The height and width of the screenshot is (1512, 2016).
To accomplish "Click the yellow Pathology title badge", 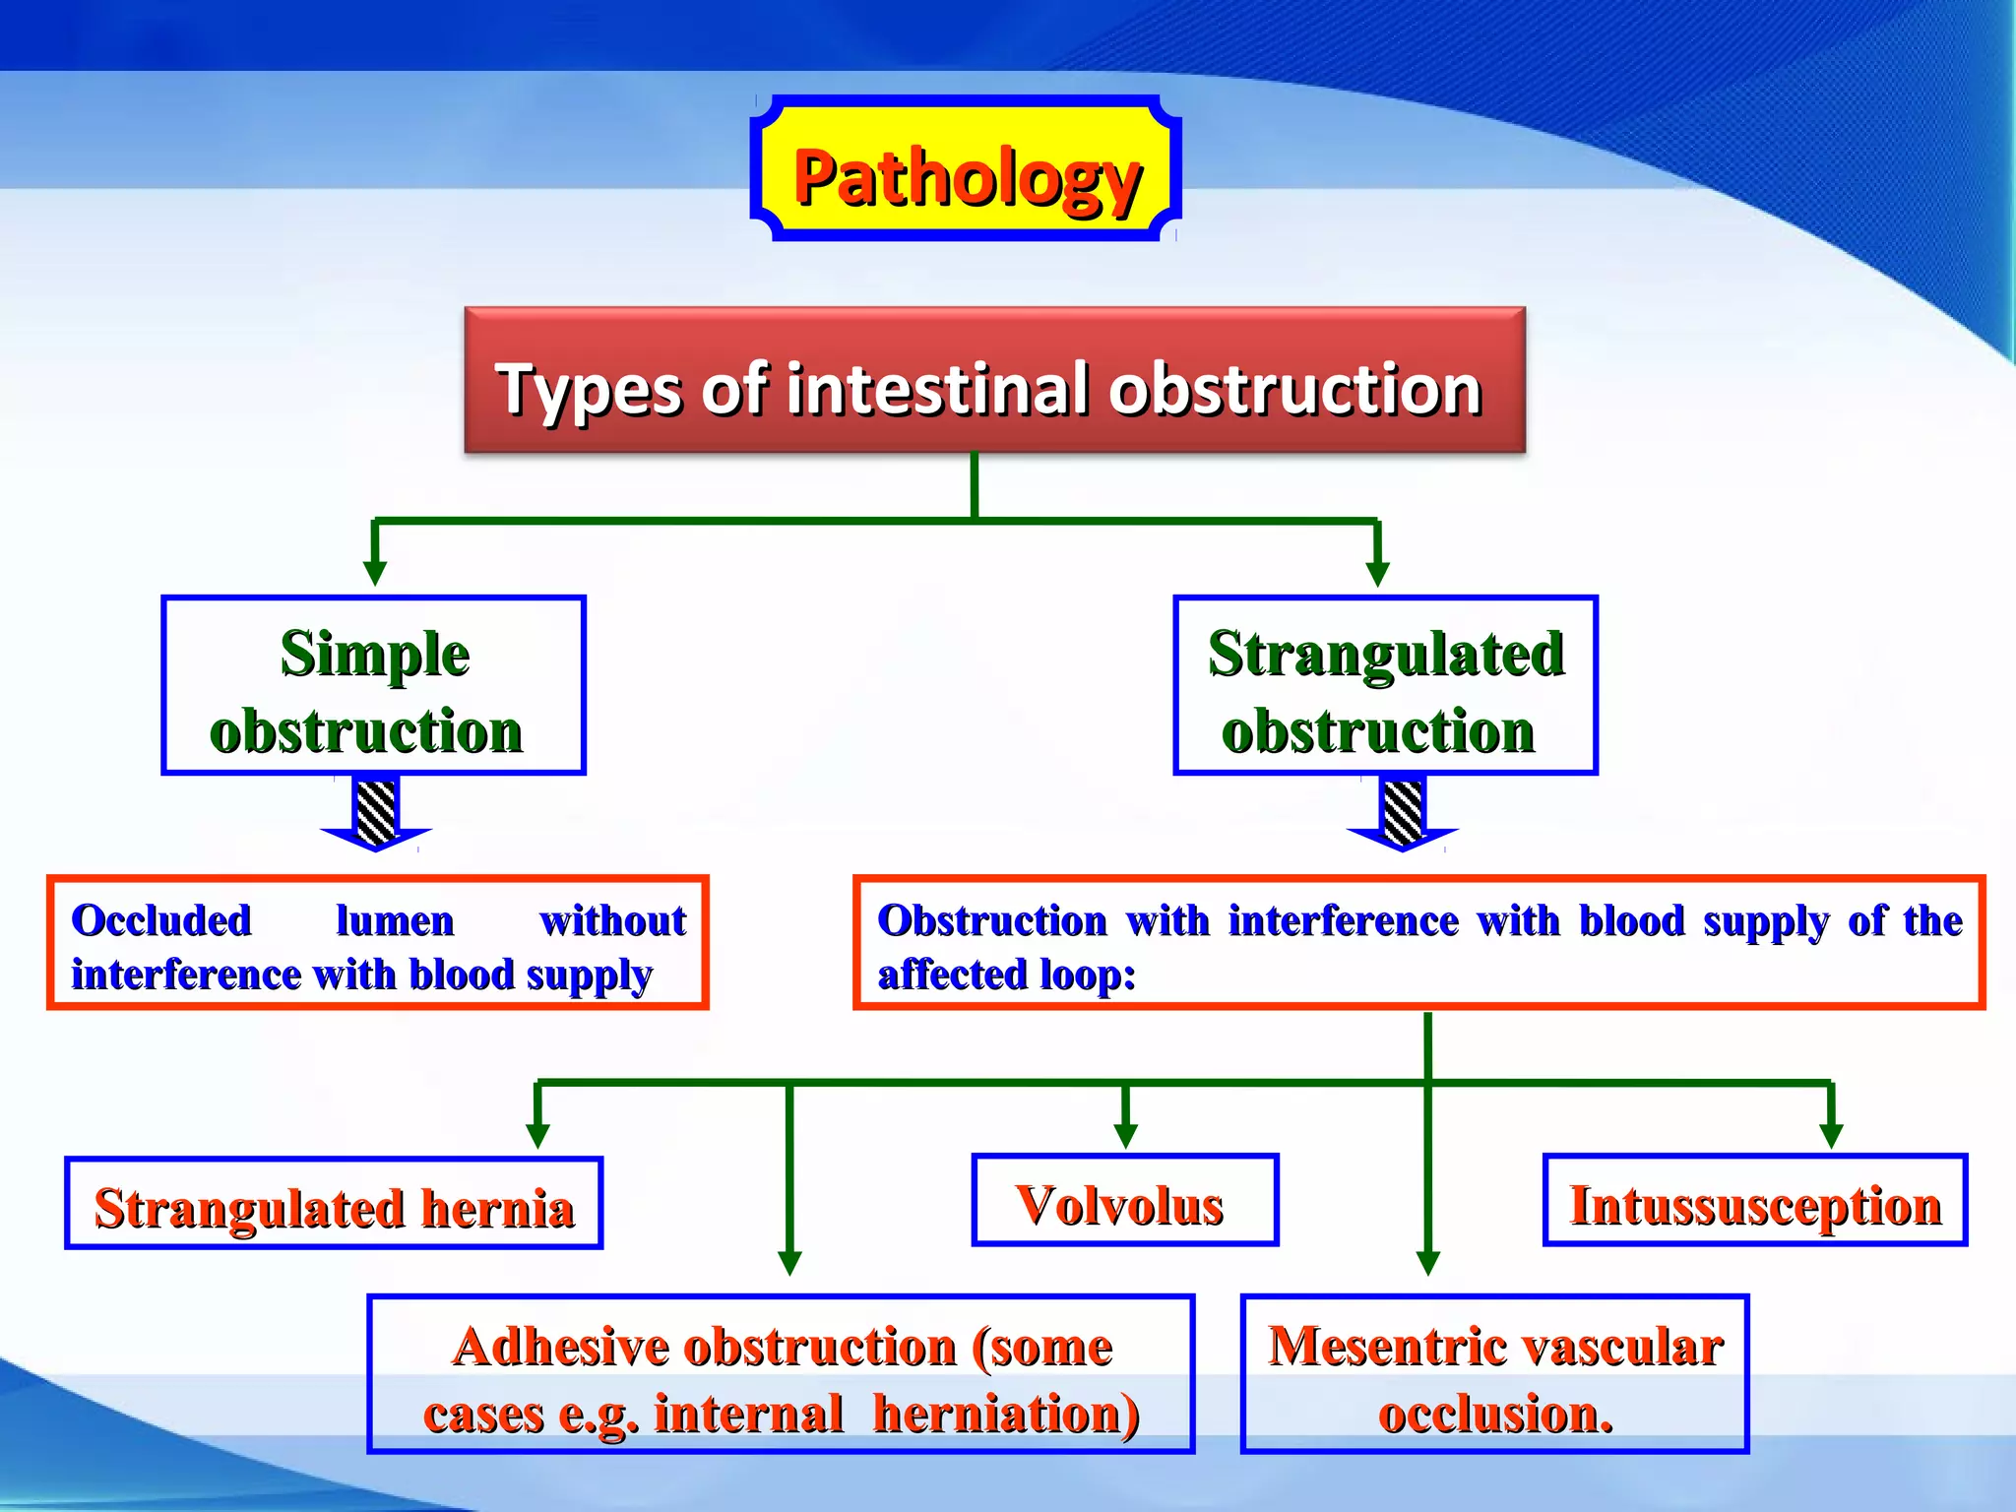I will click(966, 169).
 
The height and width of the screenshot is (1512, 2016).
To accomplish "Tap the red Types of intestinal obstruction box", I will click(994, 381).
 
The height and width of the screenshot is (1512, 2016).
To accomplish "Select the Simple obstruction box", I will click(373, 686).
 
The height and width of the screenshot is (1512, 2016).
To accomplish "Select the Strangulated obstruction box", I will click(1385, 686).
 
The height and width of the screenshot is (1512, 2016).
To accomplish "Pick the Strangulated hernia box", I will click(334, 1204).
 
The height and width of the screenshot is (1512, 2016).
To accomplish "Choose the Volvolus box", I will click(1124, 1201).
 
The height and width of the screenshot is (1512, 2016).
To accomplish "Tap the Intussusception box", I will click(1754, 1201).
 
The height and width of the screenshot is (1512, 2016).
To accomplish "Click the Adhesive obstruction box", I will click(781, 1374).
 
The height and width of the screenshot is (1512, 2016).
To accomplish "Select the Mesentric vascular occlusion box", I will click(1494, 1374).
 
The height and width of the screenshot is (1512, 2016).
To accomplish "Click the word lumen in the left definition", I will click(395, 921).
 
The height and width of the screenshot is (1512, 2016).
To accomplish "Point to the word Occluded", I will click(161, 921).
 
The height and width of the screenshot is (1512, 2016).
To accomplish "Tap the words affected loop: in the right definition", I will click(1006, 976).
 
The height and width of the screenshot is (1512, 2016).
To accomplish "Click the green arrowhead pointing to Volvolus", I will click(1125, 1136).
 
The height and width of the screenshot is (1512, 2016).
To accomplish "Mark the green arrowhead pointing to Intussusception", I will click(1831, 1136).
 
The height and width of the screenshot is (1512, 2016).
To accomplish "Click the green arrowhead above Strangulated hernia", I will click(537, 1136).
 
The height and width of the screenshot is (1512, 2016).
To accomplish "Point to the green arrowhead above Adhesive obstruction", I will click(789, 1263).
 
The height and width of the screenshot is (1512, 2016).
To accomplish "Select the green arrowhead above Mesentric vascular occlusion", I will click(1428, 1263).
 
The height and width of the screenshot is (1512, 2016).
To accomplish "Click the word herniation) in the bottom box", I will click(1006, 1414).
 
